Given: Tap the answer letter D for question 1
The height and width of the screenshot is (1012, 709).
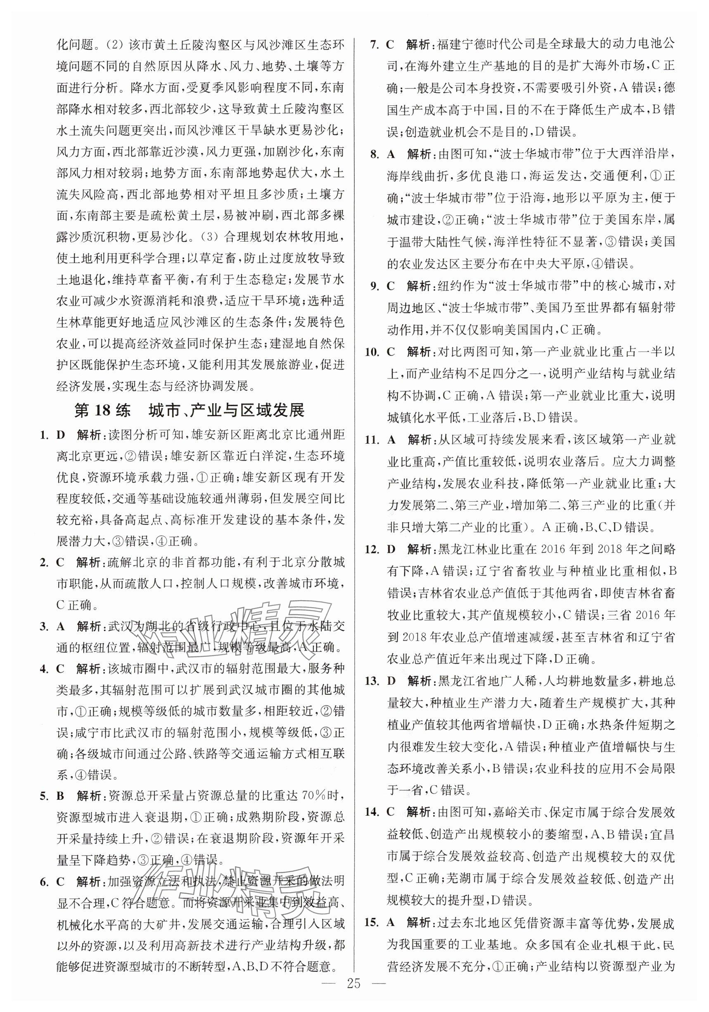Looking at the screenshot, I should pyautogui.click(x=61, y=435).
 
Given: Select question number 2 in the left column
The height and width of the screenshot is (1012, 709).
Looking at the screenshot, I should pyautogui.click(x=45, y=563).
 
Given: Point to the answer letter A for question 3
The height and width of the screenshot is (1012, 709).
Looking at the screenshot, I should pyautogui.click(x=61, y=626).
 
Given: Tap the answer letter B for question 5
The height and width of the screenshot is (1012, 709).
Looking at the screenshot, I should pyautogui.click(x=61, y=796).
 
